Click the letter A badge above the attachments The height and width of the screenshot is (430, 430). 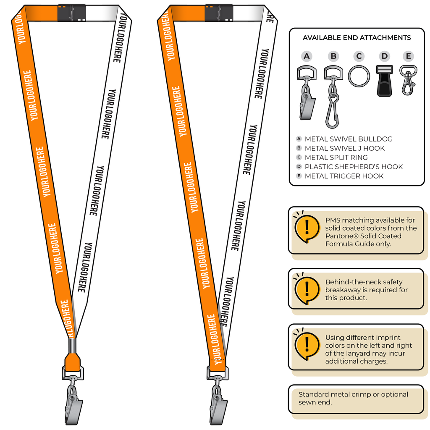point(307,56)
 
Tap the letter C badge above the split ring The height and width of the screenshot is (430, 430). point(359,56)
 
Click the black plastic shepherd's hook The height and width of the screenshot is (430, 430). point(385,81)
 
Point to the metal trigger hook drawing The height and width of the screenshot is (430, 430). point(408,80)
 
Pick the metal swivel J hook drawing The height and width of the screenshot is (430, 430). point(333,97)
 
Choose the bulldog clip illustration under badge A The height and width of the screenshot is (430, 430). point(307,93)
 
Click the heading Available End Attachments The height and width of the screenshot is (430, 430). point(357,37)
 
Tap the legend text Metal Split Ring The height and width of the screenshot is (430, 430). point(336,157)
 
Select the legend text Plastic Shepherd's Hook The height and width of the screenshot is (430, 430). point(354,167)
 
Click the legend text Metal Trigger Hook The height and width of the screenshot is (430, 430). point(344,176)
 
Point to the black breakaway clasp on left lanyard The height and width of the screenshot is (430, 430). point(71,13)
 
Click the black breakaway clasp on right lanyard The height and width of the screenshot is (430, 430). point(219,13)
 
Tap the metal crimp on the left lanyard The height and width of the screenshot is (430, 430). point(72,346)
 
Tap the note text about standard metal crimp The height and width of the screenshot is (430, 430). point(353,398)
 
